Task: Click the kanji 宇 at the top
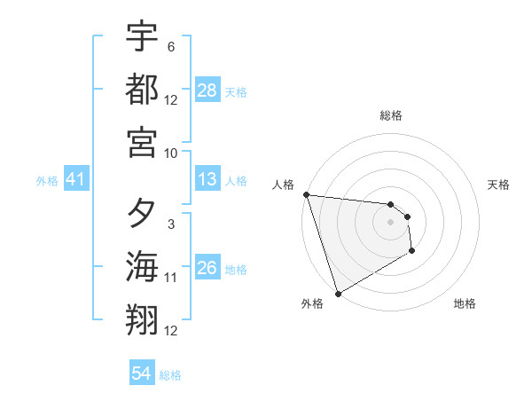tap(142, 36)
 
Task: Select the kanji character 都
tap(142, 90)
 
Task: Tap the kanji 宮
tap(142, 142)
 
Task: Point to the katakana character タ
tap(142, 215)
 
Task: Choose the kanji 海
tap(142, 268)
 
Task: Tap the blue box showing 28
tap(207, 90)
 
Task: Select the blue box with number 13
tap(207, 179)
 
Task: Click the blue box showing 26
tap(207, 268)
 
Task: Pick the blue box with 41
tap(75, 179)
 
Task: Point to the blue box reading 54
tap(142, 374)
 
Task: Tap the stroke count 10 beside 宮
tap(171, 153)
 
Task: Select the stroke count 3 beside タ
tap(170, 225)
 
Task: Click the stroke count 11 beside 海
tap(171, 278)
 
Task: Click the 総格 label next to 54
tap(170, 375)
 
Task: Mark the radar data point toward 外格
tap(338, 293)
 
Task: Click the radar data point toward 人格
tap(306, 194)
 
